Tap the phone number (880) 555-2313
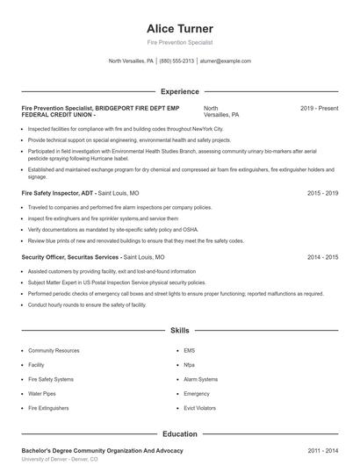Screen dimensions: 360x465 pyautogui.click(x=176, y=61)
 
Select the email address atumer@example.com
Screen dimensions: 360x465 pyautogui.click(x=225, y=61)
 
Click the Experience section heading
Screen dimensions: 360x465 pyautogui.click(x=179, y=91)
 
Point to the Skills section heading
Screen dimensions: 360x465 pyautogui.click(x=179, y=331)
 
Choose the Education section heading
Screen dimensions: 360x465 pyautogui.click(x=179, y=433)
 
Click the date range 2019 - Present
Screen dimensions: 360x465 pyautogui.click(x=319, y=108)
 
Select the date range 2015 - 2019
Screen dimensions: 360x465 pyautogui.click(x=322, y=192)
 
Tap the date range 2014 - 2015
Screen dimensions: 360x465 pyautogui.click(x=322, y=258)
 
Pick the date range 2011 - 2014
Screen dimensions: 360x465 pyautogui.click(x=322, y=450)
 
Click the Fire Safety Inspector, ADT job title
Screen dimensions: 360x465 pyautogui.click(x=57, y=192)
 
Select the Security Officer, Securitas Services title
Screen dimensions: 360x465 pyautogui.click(x=70, y=258)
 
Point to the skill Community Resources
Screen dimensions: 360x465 pyautogui.click(x=54, y=350)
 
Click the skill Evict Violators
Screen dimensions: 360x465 pyautogui.click(x=201, y=408)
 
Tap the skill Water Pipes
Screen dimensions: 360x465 pyautogui.click(x=42, y=394)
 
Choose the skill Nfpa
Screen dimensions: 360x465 pyautogui.click(x=190, y=364)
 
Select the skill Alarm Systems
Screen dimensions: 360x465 pyautogui.click(x=201, y=379)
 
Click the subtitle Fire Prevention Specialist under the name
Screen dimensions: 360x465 pyautogui.click(x=179, y=42)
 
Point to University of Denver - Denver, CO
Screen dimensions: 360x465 pyautogui.click(x=59, y=459)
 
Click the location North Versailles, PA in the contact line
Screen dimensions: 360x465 pyautogui.click(x=131, y=61)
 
